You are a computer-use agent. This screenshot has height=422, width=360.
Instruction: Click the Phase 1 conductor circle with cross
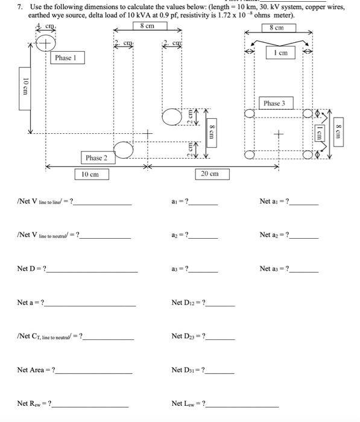[x=46, y=43]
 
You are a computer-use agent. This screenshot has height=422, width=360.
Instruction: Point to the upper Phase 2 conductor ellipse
[x=172, y=117]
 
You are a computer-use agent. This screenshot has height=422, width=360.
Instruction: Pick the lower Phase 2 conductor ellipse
[x=124, y=150]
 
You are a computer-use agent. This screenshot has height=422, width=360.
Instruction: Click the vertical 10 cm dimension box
[x=25, y=89]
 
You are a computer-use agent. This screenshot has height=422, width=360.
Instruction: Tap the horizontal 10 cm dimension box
[x=92, y=174]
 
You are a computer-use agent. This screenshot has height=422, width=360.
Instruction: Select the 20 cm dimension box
[x=212, y=174]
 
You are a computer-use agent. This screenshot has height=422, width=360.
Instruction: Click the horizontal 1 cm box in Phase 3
[x=280, y=52]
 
